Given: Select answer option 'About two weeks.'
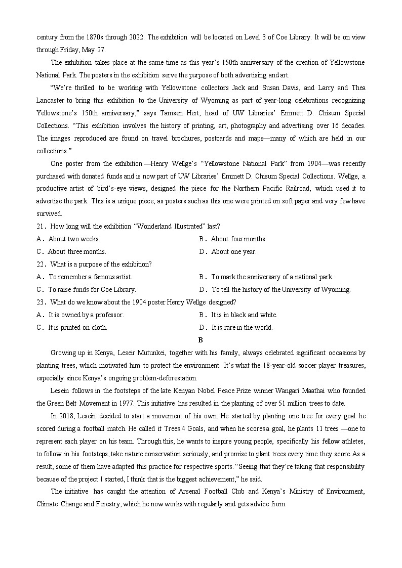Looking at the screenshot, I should (74, 239).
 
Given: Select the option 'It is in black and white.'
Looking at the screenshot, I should (244, 315).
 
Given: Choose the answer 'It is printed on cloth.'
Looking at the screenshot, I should (77, 327).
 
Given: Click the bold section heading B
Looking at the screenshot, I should (200, 340).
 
